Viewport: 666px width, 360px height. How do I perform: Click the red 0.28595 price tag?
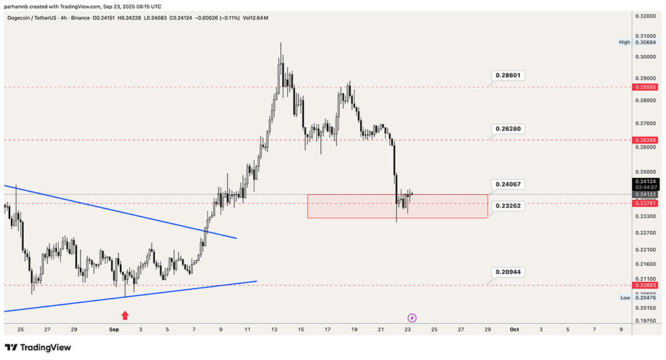coord(642,87)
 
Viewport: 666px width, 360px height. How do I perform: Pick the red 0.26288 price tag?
coord(642,140)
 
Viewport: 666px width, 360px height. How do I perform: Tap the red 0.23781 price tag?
coord(642,203)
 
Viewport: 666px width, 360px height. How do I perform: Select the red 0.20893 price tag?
coord(642,286)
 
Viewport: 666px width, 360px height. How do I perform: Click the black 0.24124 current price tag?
coord(642,181)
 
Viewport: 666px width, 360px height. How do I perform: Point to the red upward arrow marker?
coord(125,315)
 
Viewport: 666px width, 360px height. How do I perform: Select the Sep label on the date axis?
coord(114,330)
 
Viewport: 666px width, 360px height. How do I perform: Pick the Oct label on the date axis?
coord(514,330)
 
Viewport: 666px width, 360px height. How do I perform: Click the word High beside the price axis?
coord(624,42)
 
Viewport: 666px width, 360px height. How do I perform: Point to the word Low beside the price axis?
coord(625,298)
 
